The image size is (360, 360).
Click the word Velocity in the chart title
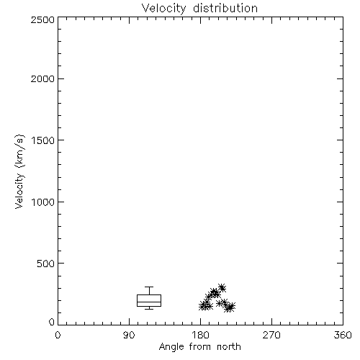(x=164, y=9)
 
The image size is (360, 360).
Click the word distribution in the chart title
(x=225, y=8)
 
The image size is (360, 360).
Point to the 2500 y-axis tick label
(x=42, y=19)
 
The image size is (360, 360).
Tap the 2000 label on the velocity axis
(x=42, y=78)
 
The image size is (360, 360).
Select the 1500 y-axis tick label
(x=43, y=140)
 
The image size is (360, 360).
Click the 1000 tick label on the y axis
(x=43, y=202)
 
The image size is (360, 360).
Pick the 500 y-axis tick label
(x=46, y=264)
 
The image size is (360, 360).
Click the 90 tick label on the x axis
(x=129, y=335)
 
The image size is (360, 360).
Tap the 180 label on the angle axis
(x=200, y=335)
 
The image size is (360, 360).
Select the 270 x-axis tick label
(x=271, y=335)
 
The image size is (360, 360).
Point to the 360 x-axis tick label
(x=343, y=335)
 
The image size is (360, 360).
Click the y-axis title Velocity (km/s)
(x=19, y=171)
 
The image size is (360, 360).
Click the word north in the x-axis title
(x=229, y=346)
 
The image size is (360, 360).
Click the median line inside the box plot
(x=149, y=302)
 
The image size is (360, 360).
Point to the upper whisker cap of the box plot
(x=149, y=287)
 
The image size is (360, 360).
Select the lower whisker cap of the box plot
(x=149, y=309)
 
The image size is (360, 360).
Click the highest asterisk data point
(x=222, y=287)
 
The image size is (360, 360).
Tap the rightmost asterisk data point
(x=231, y=306)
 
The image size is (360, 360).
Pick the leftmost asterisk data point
(x=203, y=306)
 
